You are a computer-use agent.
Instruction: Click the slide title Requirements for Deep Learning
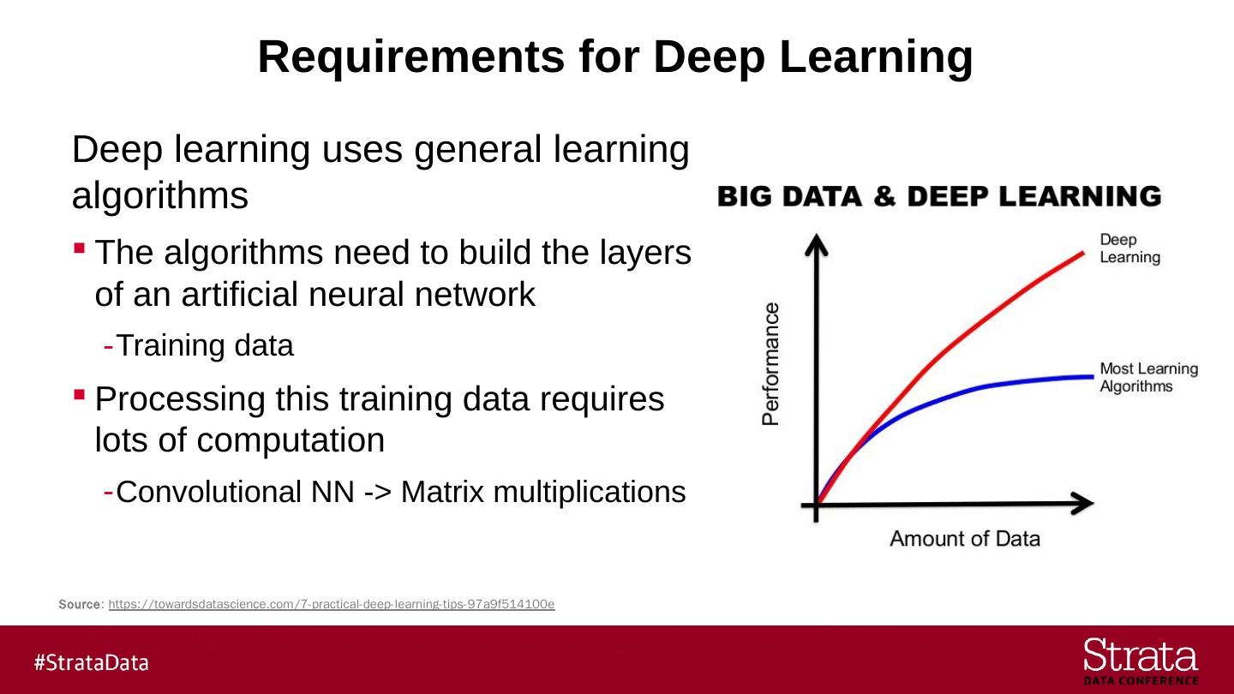pyautogui.click(x=615, y=57)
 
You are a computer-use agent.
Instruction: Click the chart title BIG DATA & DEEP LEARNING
pyautogui.click(x=939, y=196)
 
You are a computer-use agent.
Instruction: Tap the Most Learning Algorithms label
pyautogui.click(x=1148, y=377)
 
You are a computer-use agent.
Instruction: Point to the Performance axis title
pyautogui.click(x=771, y=363)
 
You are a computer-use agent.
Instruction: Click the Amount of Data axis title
pyautogui.click(x=965, y=539)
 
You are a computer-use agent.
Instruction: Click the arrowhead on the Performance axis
pyautogui.click(x=818, y=245)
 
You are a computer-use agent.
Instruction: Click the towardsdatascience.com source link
pyautogui.click(x=332, y=604)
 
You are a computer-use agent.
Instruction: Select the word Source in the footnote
pyautogui.click(x=79, y=604)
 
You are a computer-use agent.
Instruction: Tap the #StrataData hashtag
pyautogui.click(x=92, y=662)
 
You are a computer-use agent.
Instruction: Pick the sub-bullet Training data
pyautogui.click(x=205, y=345)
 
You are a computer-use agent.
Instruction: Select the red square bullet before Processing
pyautogui.click(x=79, y=395)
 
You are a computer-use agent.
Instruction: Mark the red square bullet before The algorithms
pyautogui.click(x=79, y=248)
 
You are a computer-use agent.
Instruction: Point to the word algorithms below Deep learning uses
pyautogui.click(x=160, y=196)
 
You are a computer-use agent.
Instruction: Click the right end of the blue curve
pyautogui.click(x=1085, y=376)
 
